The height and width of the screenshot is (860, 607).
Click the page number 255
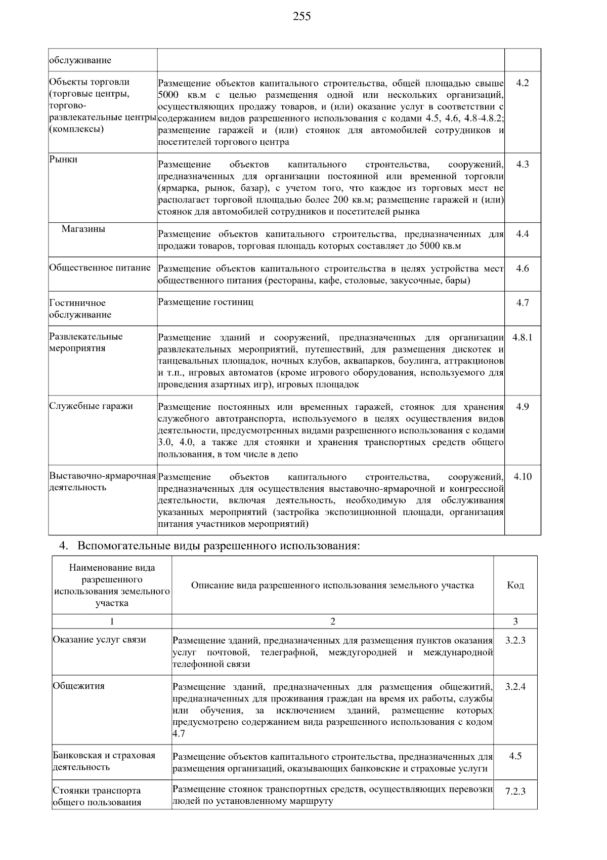point(302,17)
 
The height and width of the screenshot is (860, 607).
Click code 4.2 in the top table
point(522,83)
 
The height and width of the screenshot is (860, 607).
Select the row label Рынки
point(63,160)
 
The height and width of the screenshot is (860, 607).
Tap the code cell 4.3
point(522,165)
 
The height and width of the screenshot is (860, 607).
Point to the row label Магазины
point(83,229)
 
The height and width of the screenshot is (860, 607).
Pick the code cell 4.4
point(522,234)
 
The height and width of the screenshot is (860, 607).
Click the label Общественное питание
point(100,268)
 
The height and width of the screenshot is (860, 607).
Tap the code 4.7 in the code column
point(522,303)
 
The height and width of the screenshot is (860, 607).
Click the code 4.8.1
point(522,337)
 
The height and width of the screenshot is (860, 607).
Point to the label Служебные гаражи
point(91,406)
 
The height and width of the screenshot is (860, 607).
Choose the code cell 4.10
point(522,477)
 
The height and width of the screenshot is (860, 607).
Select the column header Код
point(515,585)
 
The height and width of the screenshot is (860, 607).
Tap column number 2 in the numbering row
point(332,621)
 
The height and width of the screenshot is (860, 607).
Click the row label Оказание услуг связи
point(100,640)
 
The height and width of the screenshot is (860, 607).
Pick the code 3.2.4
point(515,687)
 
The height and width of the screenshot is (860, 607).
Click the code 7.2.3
point(515,792)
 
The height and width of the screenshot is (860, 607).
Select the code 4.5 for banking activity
point(515,756)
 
